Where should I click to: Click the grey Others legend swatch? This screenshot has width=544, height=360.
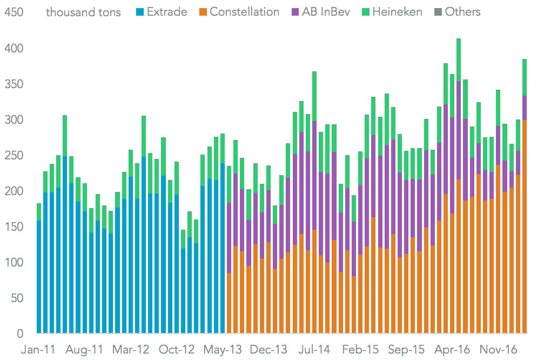[x=436, y=11]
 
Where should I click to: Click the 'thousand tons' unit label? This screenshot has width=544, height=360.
[x=84, y=11]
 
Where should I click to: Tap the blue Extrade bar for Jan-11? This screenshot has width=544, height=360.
[x=39, y=276]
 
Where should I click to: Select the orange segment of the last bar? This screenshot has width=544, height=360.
[x=524, y=227]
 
